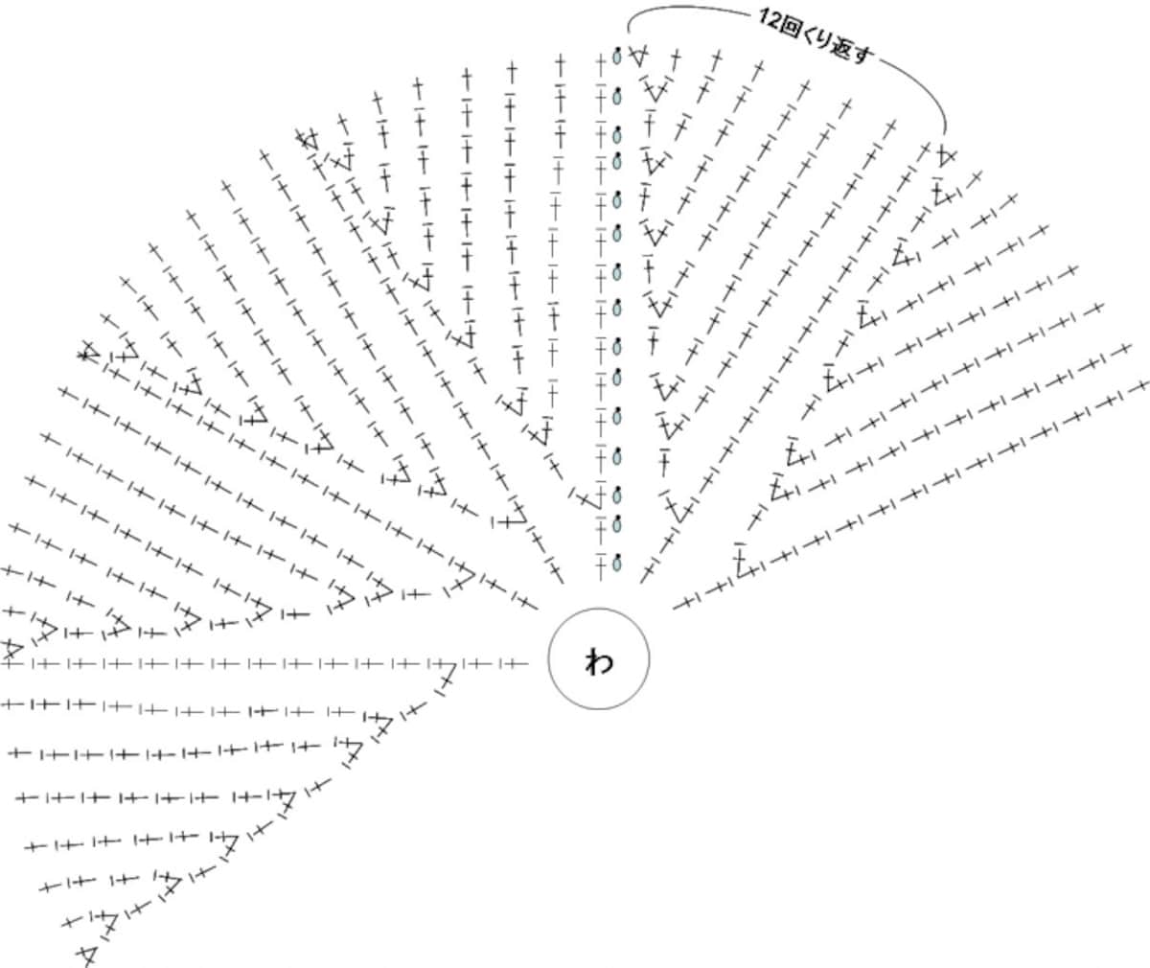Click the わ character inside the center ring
click(x=599, y=660)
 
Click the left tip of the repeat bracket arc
click(x=629, y=33)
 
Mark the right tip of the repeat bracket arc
click(x=945, y=133)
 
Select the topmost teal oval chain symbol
click(x=617, y=57)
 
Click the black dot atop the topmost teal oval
click(x=618, y=50)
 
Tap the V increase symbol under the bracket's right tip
click(x=946, y=155)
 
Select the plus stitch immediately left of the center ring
click(x=513, y=664)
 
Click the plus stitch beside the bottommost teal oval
click(x=601, y=565)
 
